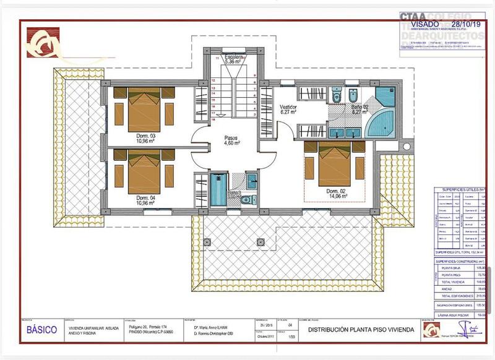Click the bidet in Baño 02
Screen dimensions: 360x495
[x=352, y=96]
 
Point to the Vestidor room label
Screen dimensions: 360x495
[x=289, y=109]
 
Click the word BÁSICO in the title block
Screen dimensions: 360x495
[x=42, y=330]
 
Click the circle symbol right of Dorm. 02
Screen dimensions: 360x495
[x=406, y=147]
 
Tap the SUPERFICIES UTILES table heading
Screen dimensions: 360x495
[x=457, y=189]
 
